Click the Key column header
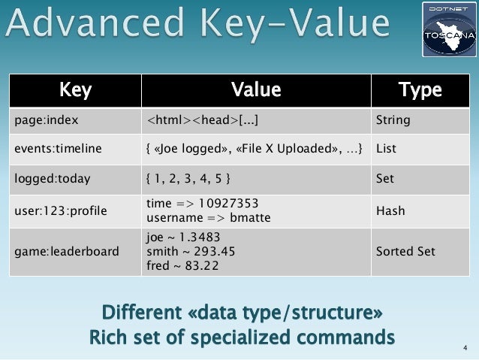75,91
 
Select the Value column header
255,91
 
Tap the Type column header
420,91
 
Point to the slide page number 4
465,347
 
